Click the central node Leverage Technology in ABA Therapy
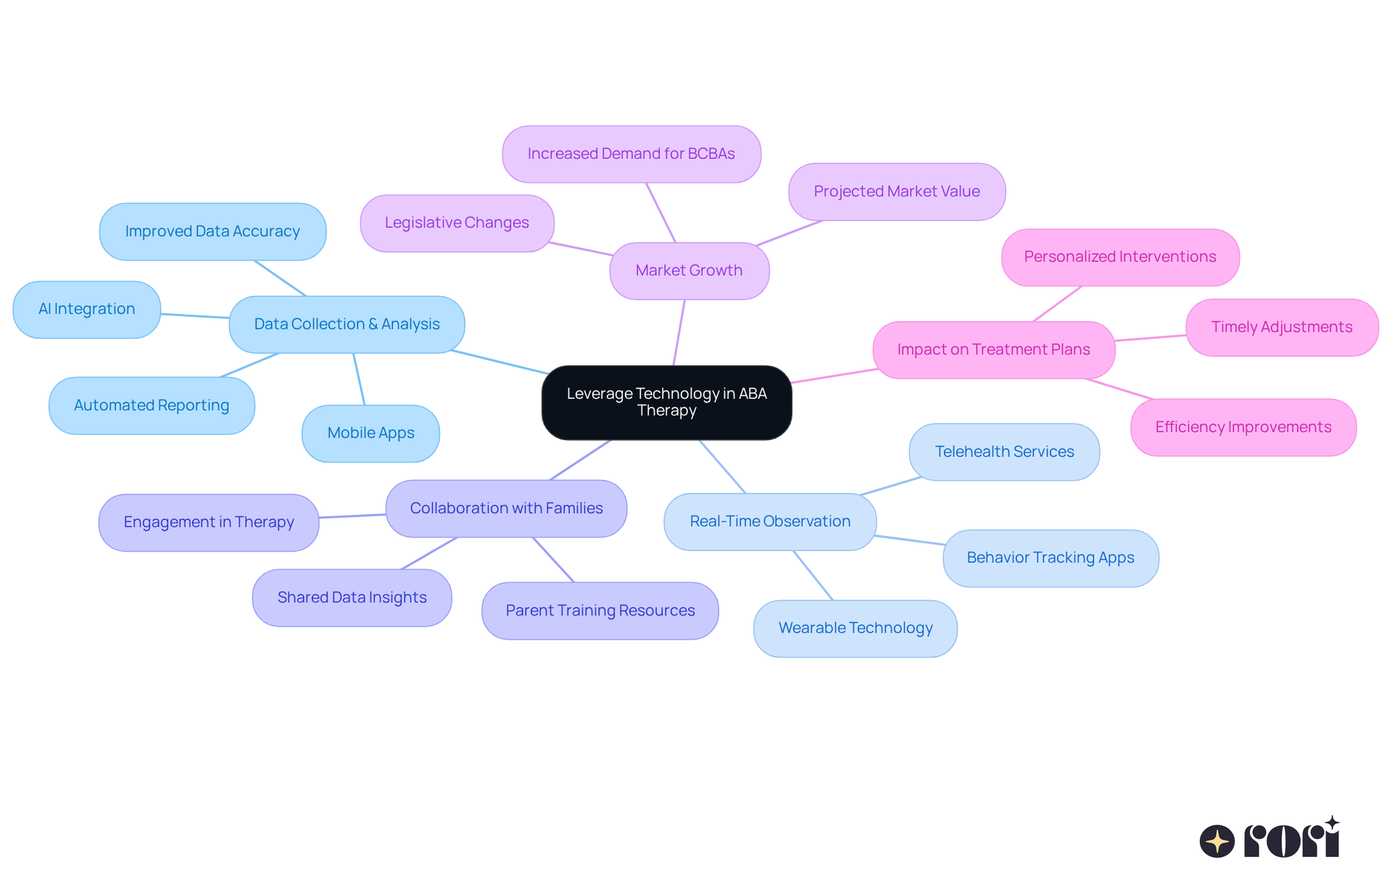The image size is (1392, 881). point(666,402)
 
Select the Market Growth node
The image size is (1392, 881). point(689,270)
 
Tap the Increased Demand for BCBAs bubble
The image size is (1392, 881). point(631,154)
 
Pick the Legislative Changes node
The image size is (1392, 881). point(457,223)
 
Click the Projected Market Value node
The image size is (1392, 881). point(896,191)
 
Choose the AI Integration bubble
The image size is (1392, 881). point(86,309)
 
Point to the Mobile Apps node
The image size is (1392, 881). point(370,433)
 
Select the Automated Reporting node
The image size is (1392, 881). point(152,405)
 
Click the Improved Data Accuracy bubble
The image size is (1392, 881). point(212,231)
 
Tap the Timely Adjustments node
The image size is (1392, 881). point(1281,327)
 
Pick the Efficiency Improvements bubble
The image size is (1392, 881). point(1243,427)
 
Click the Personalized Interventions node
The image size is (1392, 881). point(1119,257)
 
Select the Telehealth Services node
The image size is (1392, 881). point(1004,452)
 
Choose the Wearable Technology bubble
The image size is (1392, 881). point(855,628)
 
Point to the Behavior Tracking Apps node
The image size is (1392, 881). point(1050,558)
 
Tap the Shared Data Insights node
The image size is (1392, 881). point(352,597)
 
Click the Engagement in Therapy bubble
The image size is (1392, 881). point(209,522)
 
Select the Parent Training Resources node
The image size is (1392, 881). point(600,611)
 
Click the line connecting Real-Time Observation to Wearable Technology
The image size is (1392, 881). point(813,575)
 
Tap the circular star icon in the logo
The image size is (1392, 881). point(1217,841)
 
